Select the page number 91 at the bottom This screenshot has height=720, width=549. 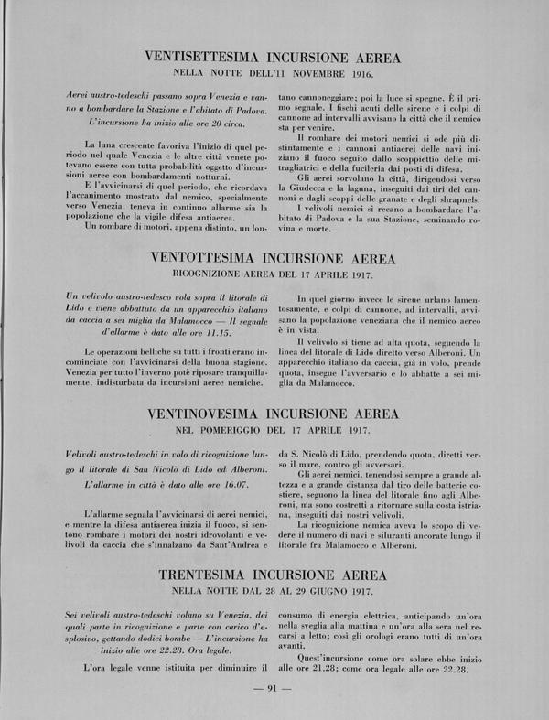click(x=274, y=689)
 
